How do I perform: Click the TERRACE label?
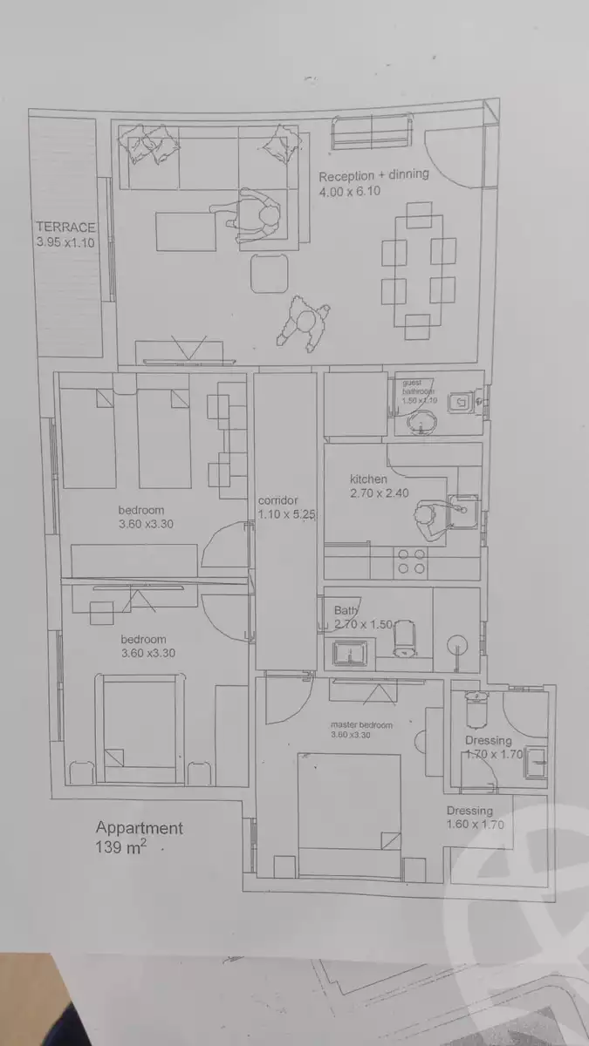click(x=65, y=228)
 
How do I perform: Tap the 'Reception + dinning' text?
click(x=373, y=175)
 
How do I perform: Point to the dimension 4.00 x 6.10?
click(x=349, y=192)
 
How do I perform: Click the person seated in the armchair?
click(x=257, y=216)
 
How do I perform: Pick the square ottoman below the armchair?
click(x=270, y=274)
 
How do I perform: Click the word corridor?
click(x=279, y=500)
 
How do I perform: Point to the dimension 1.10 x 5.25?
click(x=285, y=515)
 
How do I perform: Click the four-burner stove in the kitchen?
click(x=411, y=562)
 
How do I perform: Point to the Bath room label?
click(x=347, y=610)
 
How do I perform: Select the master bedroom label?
click(x=361, y=724)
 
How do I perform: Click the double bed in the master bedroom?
click(x=348, y=802)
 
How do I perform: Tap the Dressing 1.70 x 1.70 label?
click(x=493, y=748)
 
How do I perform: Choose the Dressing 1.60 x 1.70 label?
click(x=475, y=818)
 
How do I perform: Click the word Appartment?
click(x=140, y=828)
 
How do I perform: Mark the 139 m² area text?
click(x=120, y=847)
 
